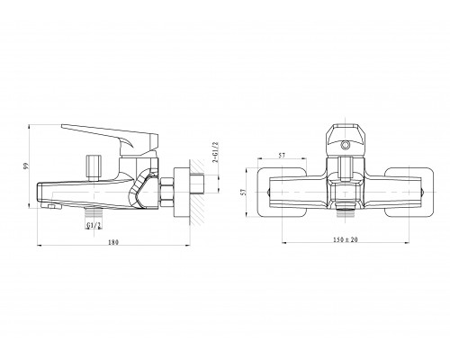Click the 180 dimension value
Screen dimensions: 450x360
[x=113, y=242]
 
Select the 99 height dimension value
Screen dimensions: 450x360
[x=25, y=166]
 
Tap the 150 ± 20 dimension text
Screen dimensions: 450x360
[x=346, y=239]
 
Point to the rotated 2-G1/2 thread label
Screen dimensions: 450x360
[x=215, y=153]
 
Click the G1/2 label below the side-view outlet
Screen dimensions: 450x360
[x=94, y=225]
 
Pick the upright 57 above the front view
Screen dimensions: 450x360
[x=282, y=156]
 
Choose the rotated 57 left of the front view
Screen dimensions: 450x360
[x=244, y=192]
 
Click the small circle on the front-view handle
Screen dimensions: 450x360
[x=346, y=146]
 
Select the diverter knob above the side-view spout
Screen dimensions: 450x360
[x=94, y=167]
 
